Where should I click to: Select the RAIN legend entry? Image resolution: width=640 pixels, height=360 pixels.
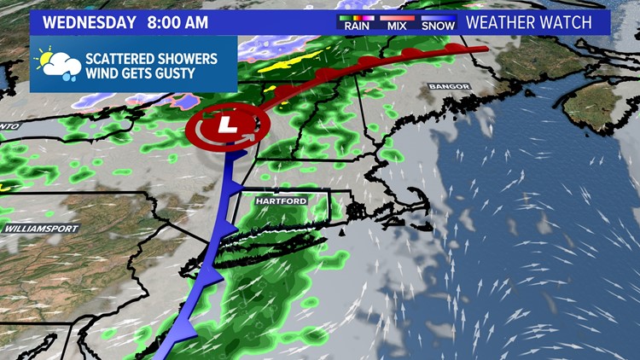[358, 26]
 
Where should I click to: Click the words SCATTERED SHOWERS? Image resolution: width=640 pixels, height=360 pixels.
[150, 58]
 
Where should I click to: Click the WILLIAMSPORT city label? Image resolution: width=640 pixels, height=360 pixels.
[41, 229]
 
